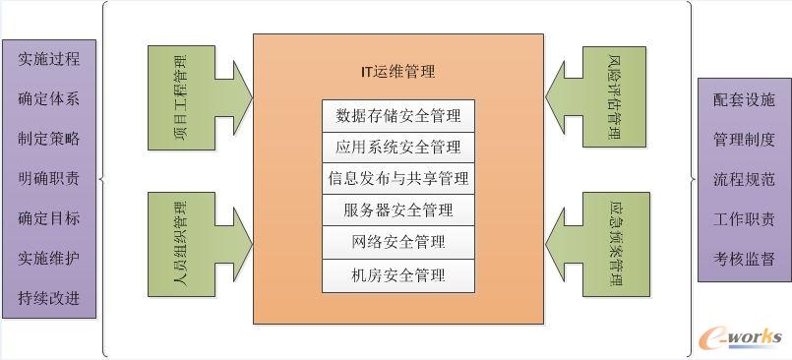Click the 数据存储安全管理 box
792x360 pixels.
[398, 115]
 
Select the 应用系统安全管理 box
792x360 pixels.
[398, 147]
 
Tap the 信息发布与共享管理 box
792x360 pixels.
[398, 178]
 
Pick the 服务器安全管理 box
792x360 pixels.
[398, 210]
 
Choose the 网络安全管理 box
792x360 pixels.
[398, 241]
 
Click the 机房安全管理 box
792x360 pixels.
[398, 274]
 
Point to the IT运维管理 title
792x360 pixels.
[397, 71]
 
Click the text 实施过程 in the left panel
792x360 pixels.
[48, 59]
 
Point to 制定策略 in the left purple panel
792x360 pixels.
[48, 139]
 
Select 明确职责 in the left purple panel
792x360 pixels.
[48, 179]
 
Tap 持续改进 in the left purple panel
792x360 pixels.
[48, 298]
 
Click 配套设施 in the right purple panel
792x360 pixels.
[743, 100]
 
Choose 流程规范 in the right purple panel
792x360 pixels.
[743, 180]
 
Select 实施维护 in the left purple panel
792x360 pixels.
[48, 259]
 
